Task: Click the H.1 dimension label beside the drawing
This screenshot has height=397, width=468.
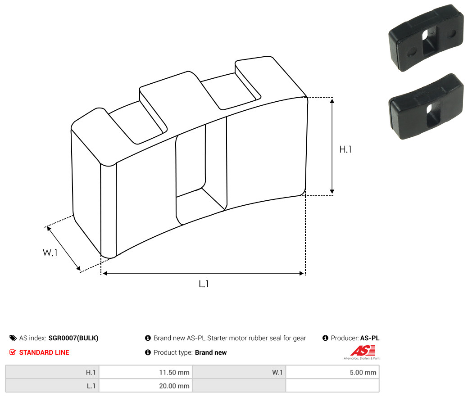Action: point(345,149)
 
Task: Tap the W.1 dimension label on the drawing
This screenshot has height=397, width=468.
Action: point(50,253)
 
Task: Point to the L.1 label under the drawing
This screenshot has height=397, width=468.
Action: point(204,284)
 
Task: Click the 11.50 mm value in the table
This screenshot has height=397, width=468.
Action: point(174,372)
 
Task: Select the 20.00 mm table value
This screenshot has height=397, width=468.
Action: point(174,386)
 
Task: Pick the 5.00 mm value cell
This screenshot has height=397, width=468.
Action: point(363,372)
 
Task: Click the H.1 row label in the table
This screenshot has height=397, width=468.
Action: point(91,372)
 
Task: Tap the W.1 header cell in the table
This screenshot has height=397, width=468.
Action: point(277,372)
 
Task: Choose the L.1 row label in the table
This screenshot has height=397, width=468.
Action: point(91,386)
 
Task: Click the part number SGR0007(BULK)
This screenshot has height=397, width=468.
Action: point(73,338)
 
